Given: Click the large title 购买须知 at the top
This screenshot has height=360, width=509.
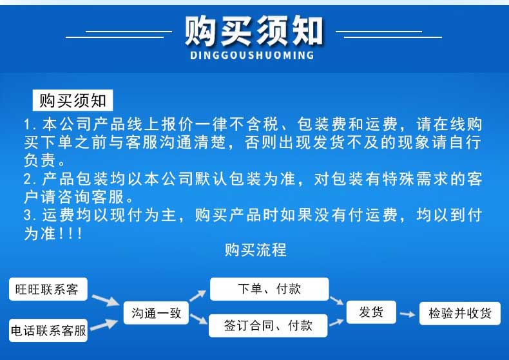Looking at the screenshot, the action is pos(254,31).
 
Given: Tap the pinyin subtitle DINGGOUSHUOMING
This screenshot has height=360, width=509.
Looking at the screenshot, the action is pos(252,55).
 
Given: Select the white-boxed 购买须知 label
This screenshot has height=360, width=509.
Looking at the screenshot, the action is pos(73,100).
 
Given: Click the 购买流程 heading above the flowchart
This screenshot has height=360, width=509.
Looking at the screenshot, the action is pos(256,250).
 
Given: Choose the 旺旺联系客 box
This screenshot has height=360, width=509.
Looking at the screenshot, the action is pos(48,289).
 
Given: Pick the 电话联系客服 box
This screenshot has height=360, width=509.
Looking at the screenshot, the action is pos(48,330).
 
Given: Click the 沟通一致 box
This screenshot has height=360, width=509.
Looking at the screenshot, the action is pos(156,313).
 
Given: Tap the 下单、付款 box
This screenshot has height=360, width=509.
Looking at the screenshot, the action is pos(269,289).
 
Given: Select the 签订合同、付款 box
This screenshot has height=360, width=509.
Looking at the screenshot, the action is pos(268,325).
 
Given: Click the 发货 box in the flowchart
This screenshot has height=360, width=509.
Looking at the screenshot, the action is pos(371,312).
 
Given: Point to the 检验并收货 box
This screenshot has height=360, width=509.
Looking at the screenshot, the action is pos(459,313).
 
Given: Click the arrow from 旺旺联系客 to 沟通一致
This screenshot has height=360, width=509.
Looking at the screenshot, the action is pos(106,300).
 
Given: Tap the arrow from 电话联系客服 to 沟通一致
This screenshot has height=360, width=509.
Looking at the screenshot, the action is pos(104,325).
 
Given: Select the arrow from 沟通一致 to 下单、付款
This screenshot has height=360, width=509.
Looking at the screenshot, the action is pos(197,296).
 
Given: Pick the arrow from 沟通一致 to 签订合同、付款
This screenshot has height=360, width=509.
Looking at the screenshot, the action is pos(198,319).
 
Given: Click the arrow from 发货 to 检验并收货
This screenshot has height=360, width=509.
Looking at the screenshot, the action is pos(407,314).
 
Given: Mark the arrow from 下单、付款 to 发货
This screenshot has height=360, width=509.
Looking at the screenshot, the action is pos(336,300).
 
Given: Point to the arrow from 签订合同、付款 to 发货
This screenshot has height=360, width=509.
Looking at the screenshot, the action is pos(336,323).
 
